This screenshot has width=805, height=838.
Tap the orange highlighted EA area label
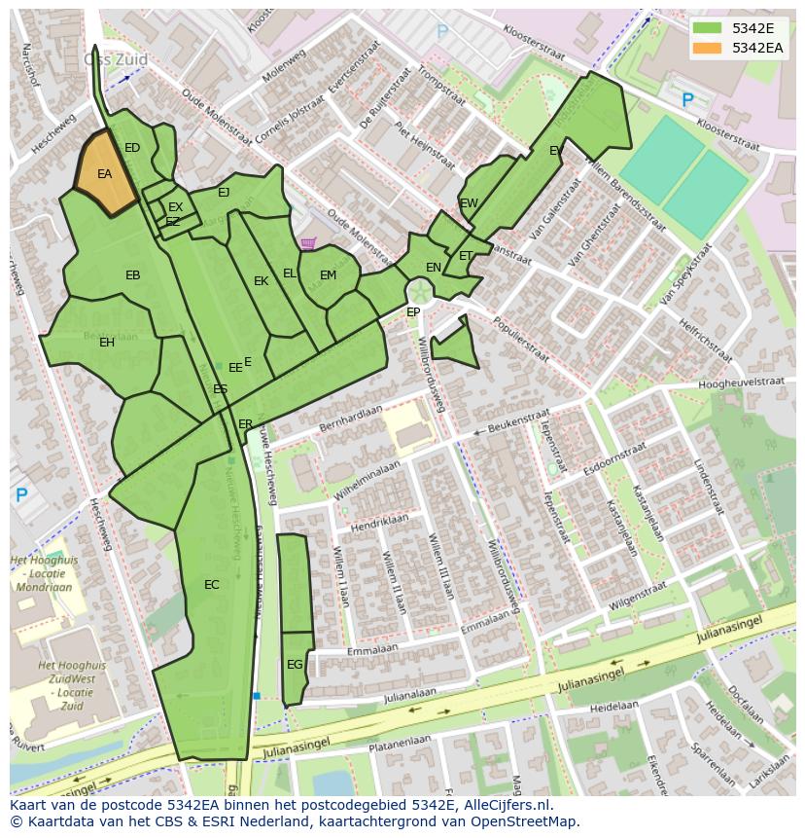tap(105, 174)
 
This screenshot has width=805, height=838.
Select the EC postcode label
tap(212, 585)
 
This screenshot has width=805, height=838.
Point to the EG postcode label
tap(295, 665)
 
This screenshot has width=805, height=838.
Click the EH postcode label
tap(107, 343)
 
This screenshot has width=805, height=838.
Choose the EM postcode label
tap(329, 276)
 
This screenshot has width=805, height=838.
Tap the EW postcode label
tap(469, 203)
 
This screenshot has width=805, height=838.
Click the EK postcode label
tap(261, 281)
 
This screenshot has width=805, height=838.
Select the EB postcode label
tap(133, 275)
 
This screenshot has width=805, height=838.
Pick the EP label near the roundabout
tap(413, 312)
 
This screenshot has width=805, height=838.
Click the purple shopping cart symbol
tap(308, 243)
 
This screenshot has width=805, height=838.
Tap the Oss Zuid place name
tap(117, 59)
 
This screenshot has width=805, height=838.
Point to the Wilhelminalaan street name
tap(367, 481)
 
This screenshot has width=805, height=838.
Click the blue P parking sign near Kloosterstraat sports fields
tap(687, 99)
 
